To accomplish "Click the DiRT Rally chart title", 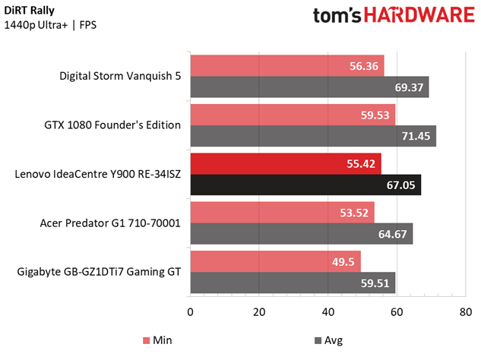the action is [x=30, y=11].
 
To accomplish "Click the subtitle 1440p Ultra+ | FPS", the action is [x=50, y=25].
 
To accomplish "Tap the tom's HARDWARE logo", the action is [x=394, y=15].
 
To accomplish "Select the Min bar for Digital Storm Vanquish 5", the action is [x=287, y=65].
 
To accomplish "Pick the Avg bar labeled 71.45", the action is [x=313, y=136].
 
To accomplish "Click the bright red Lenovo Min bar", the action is [x=286, y=164].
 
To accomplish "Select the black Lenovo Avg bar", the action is [x=305, y=185].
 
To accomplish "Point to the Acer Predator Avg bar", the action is [x=302, y=234].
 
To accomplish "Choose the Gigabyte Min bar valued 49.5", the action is [x=276, y=261].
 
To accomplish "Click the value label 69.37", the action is [x=409, y=87].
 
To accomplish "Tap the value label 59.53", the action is [x=375, y=115].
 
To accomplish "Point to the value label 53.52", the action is [x=354, y=213].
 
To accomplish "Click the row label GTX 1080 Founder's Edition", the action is [x=112, y=125].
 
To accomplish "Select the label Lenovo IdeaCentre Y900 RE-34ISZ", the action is [x=98, y=174].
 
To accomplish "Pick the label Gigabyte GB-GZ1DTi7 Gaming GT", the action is [x=99, y=272].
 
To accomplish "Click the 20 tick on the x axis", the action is [x=259, y=312].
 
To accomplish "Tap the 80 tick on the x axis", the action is [x=466, y=312].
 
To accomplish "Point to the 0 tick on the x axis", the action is [x=190, y=312].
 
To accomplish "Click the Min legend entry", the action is [x=157, y=340].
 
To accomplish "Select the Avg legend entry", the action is [x=329, y=340].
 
